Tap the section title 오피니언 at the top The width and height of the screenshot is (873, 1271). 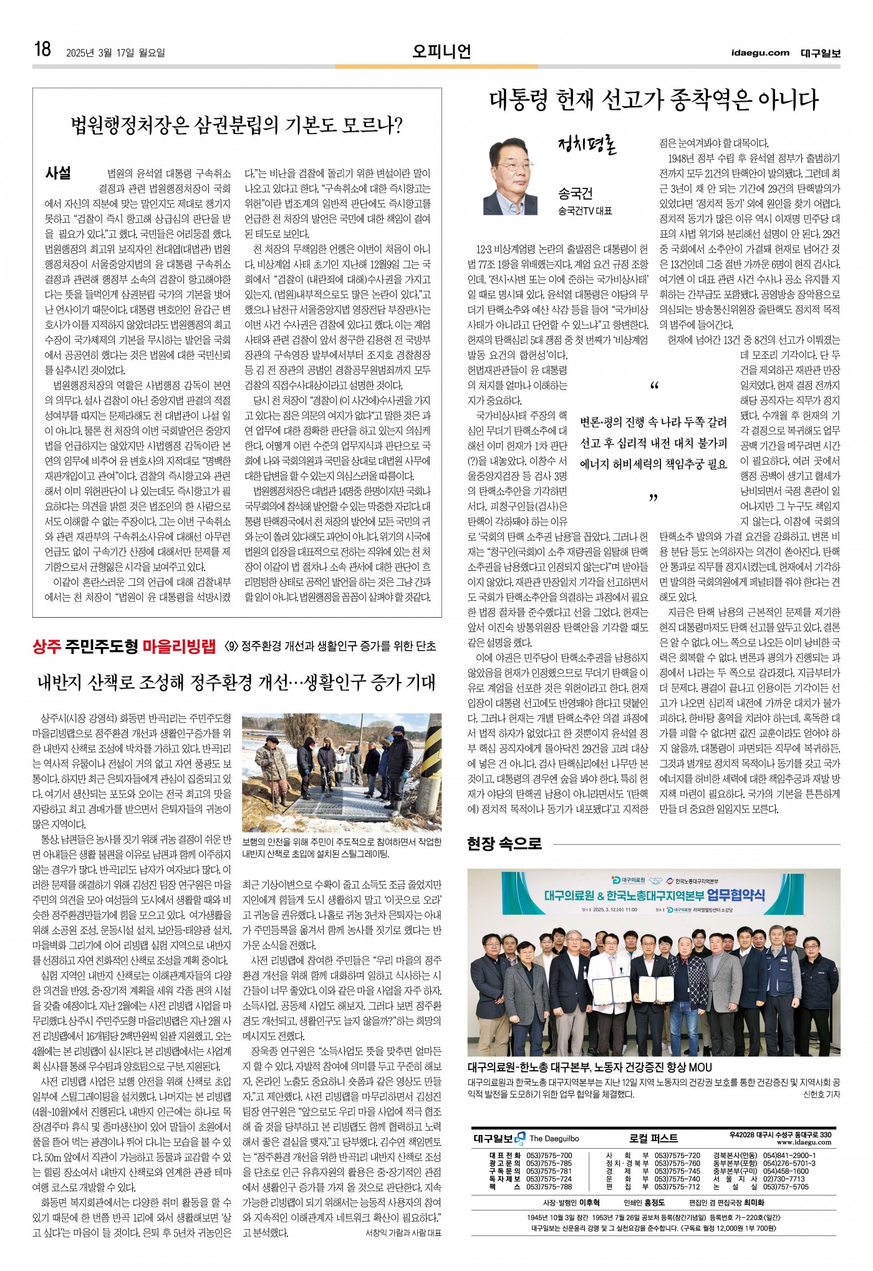pyautogui.click(x=441, y=51)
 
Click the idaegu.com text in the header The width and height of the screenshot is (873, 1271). pyautogui.click(x=760, y=52)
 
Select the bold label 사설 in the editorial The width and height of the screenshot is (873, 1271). pyautogui.click(x=58, y=173)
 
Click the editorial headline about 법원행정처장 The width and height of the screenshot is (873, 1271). pyautogui.click(x=237, y=125)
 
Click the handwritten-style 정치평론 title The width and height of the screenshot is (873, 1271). pyautogui.click(x=587, y=145)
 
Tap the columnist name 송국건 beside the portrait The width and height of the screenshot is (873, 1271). pyautogui.click(x=575, y=193)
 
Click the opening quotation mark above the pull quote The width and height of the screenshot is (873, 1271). pyautogui.click(x=654, y=386)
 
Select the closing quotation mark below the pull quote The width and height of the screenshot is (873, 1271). pyautogui.click(x=654, y=498)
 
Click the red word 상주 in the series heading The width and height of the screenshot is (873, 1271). pyautogui.click(x=47, y=646)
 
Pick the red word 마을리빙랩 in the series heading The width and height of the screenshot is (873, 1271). pyautogui.click(x=178, y=646)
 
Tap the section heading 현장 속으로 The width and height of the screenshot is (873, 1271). pyautogui.click(x=504, y=844)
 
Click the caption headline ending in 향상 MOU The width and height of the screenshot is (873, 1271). pyautogui.click(x=589, y=1067)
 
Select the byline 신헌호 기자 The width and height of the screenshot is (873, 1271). pyautogui.click(x=821, y=1094)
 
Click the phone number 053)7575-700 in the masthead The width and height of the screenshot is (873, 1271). pyautogui.click(x=549, y=1156)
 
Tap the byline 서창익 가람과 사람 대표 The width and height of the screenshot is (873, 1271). pyautogui.click(x=403, y=1233)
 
